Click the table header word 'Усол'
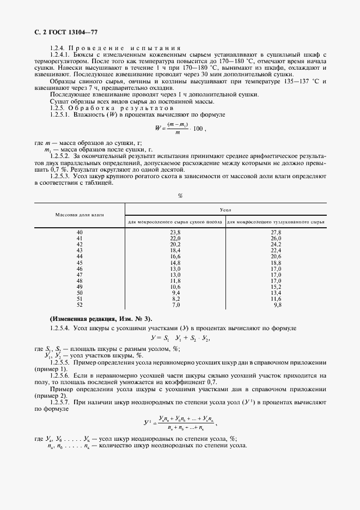click(x=225, y=209)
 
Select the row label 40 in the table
click(x=80, y=233)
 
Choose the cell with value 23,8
click(x=175, y=233)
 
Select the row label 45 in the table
click(x=80, y=262)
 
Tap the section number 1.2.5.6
click(x=60, y=376)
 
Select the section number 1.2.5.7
click(x=60, y=402)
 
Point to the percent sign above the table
click(x=180, y=196)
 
